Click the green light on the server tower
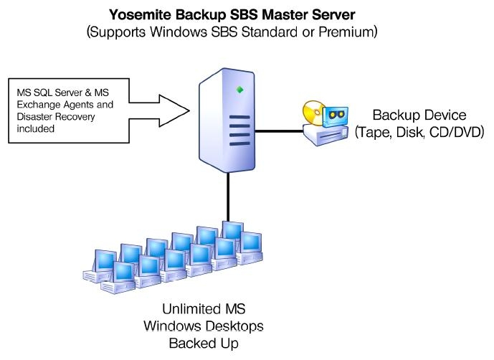[241, 90]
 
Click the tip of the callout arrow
[189, 110]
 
